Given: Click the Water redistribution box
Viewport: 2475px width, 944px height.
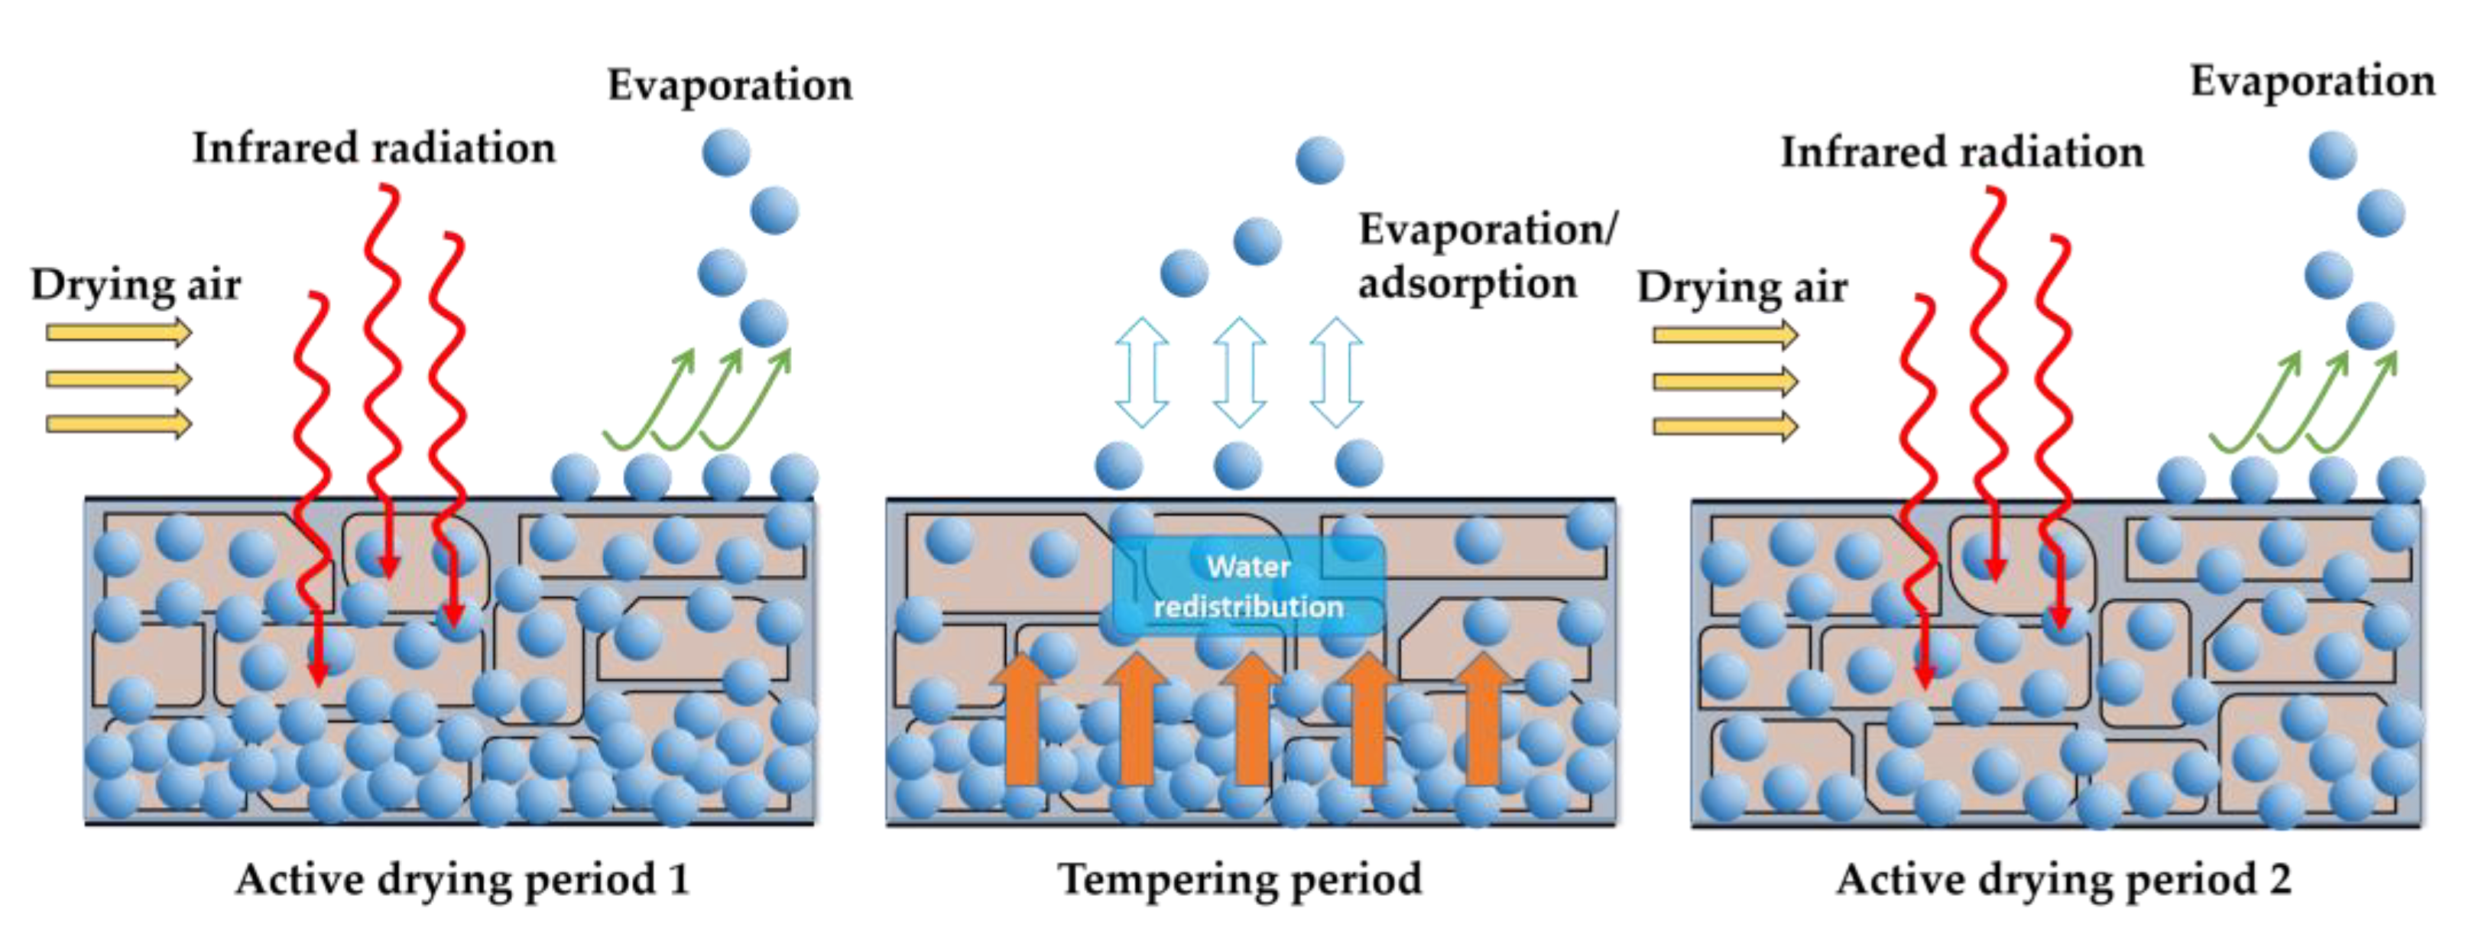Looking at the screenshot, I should pos(1247,586).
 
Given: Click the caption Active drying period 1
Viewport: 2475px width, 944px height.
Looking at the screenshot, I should pos(462,879).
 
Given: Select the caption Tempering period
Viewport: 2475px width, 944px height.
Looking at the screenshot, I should pos(1240,879).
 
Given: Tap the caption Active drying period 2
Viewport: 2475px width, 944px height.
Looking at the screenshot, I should pos(2063,879).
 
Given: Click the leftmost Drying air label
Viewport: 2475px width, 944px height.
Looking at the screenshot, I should pos(135,285).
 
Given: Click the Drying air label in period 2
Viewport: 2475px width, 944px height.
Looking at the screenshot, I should pos(1741,287).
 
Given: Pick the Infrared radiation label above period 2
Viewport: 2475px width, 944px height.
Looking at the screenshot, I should pos(1962,152).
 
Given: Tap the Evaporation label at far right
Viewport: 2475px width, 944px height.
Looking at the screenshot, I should pos(2311,82).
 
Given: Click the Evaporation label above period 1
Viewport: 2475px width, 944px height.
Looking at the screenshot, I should pos(729,86).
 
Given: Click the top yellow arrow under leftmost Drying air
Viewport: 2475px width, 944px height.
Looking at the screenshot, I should pos(119,333).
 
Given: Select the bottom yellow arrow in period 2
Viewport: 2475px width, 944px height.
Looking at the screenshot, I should pos(1724,426).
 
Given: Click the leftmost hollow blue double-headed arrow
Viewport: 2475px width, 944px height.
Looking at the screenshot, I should pos(1141,371).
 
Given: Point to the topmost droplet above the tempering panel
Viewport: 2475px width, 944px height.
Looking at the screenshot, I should pos(1319,160).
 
